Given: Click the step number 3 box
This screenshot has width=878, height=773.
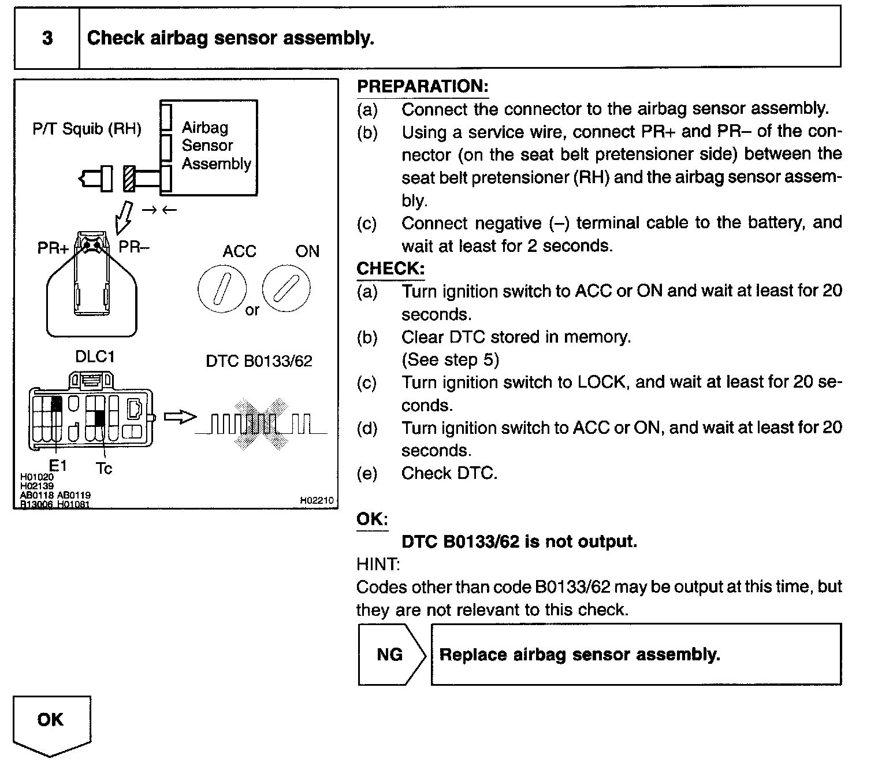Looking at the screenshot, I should [47, 38].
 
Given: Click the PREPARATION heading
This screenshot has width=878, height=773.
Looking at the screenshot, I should [422, 86].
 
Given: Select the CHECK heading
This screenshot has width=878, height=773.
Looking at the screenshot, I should [390, 269].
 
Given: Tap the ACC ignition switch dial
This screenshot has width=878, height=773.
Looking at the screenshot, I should [222, 288].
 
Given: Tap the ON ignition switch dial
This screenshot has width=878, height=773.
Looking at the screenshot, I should [286, 288].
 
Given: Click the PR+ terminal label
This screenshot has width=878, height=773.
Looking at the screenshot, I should [53, 248].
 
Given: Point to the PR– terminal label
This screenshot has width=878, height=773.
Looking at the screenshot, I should [133, 247].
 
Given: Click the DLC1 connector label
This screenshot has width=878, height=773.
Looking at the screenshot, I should [95, 356].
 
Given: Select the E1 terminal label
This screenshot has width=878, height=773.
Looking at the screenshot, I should [58, 464].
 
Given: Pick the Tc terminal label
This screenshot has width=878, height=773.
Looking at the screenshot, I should [104, 468].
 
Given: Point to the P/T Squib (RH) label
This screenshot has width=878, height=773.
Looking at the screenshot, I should [87, 128].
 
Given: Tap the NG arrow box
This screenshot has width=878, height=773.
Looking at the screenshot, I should [391, 654].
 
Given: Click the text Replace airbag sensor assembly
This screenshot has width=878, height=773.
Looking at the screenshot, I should [579, 655].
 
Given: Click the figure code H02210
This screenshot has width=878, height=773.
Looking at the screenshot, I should [317, 500].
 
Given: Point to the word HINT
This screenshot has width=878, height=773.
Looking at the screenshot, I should [378, 564].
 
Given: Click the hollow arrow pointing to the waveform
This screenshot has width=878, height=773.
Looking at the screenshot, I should [180, 417].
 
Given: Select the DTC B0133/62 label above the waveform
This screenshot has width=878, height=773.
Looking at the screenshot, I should [259, 361].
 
